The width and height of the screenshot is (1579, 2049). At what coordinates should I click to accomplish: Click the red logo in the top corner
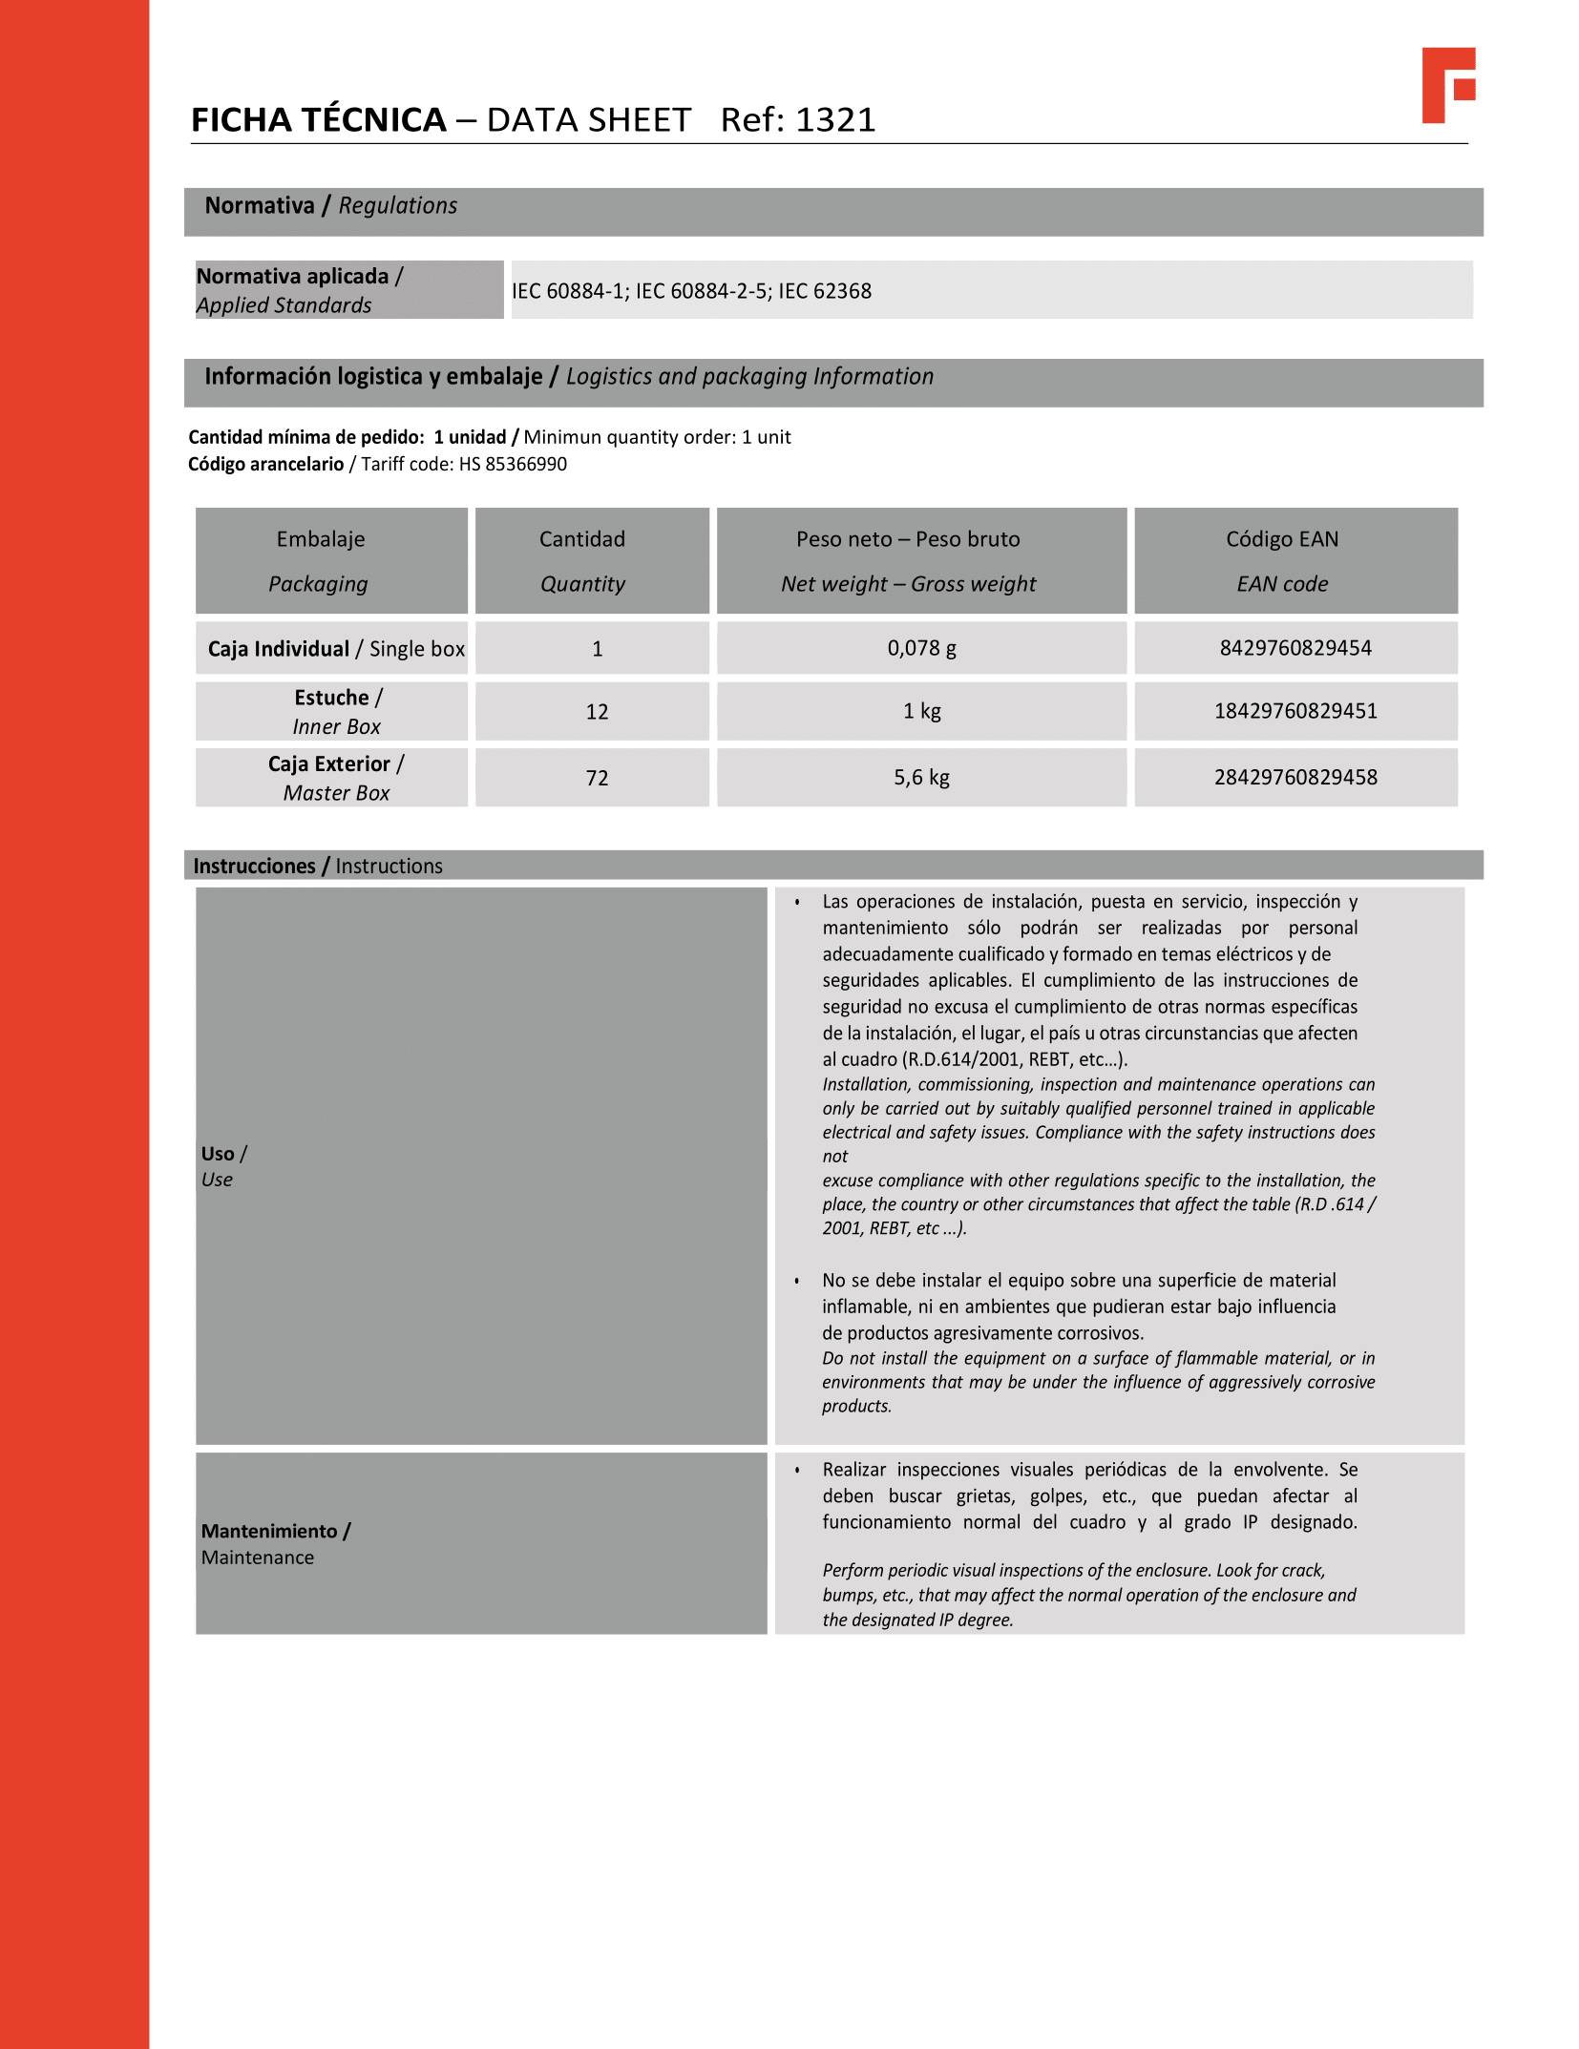click(x=1447, y=84)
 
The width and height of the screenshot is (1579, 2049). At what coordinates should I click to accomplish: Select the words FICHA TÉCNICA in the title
click(x=319, y=120)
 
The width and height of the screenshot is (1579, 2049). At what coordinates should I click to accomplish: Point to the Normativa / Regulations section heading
click(x=330, y=206)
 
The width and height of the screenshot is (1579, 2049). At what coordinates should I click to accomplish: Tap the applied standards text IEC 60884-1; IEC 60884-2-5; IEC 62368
click(x=691, y=291)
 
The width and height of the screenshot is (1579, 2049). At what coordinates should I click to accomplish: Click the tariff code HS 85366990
click(x=513, y=465)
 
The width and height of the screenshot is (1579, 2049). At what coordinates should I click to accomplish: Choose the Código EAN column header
click(x=1281, y=560)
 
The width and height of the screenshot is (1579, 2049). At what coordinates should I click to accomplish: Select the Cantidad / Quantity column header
click(x=582, y=560)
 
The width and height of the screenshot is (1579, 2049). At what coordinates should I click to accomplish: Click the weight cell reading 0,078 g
click(x=921, y=648)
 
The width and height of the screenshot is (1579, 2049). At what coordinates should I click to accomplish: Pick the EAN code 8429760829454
click(x=1295, y=648)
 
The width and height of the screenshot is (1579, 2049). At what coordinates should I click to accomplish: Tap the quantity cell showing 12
click(x=597, y=712)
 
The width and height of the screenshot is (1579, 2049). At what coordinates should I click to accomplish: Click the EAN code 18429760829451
click(x=1295, y=711)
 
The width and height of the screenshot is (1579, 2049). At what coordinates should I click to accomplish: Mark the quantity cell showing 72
click(x=597, y=778)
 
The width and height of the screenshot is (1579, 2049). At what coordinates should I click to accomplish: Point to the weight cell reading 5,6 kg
click(x=921, y=778)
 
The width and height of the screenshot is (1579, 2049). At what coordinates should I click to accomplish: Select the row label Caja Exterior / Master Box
click(x=336, y=778)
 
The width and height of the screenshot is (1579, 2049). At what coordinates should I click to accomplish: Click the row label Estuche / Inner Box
click(x=337, y=712)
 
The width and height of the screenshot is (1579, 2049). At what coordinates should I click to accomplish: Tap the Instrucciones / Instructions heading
click(x=318, y=866)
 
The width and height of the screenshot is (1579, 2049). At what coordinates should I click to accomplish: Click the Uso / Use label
click(x=224, y=1166)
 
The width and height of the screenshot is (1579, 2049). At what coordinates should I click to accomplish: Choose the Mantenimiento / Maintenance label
click(x=275, y=1543)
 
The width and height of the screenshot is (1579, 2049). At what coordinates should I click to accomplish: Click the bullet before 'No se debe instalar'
click(x=796, y=1281)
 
